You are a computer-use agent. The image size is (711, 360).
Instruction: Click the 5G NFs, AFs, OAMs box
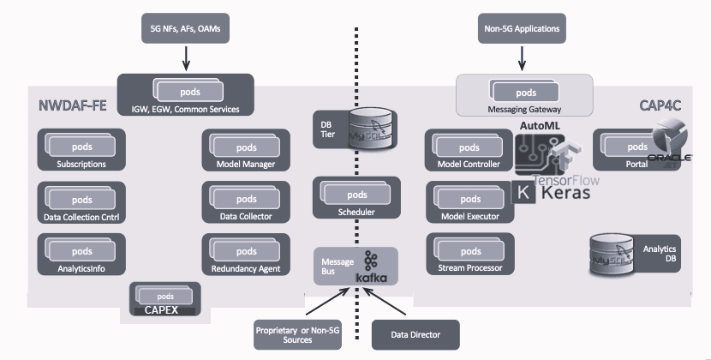pyautogui.click(x=184, y=29)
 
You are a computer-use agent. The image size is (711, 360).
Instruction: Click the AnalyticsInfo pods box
pyautogui.click(x=81, y=255)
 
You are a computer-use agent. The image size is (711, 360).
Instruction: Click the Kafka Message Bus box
pyautogui.click(x=355, y=267)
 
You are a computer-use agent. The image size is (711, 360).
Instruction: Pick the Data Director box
pyautogui.click(x=415, y=334)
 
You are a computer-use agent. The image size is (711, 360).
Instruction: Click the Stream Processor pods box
pyautogui.click(x=469, y=255)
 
